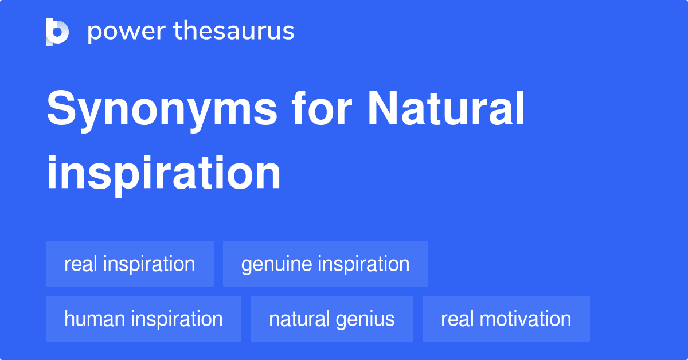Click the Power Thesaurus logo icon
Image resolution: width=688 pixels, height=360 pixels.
click(x=57, y=32)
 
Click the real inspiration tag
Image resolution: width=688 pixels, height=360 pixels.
click(x=130, y=264)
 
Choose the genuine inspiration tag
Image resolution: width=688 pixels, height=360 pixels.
click(x=325, y=264)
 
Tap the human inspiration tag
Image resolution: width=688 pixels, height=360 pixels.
click(x=143, y=319)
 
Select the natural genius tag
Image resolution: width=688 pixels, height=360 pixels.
click(x=331, y=319)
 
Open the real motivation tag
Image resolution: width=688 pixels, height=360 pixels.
click(x=506, y=319)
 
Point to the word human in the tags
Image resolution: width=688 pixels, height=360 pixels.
click(x=93, y=319)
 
